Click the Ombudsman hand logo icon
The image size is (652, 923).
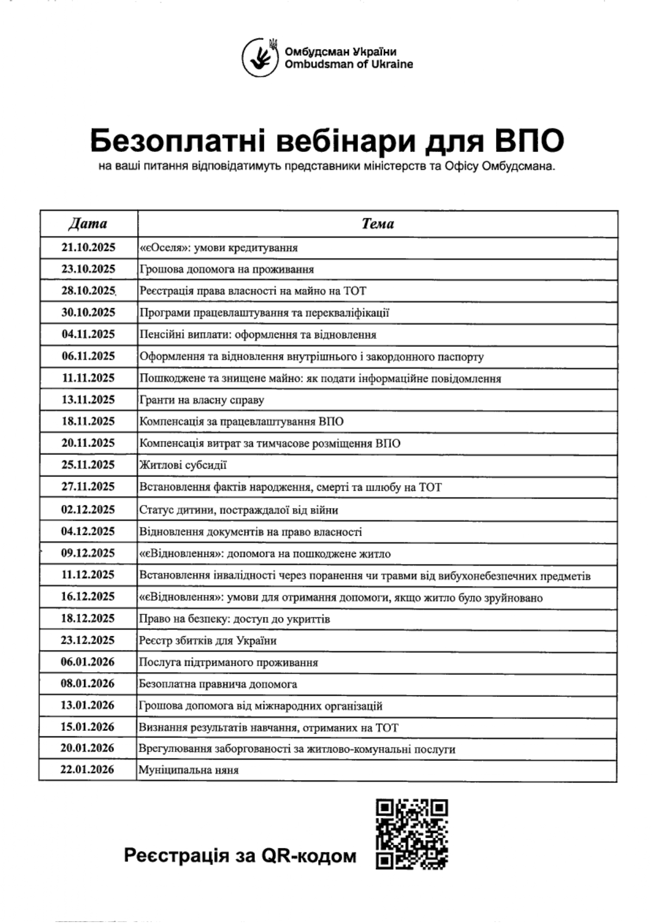coord(260,57)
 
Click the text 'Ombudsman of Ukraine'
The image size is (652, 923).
coord(349,65)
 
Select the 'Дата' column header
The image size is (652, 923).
coord(88,224)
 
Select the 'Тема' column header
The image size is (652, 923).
coord(378,224)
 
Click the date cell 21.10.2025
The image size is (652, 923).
coord(88,248)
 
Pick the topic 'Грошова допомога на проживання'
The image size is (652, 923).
coord(227,269)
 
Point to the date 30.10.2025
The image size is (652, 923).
coord(88,312)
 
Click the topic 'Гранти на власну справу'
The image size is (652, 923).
coord(202,400)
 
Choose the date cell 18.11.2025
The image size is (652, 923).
coord(88,421)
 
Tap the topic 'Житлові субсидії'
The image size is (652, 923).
coord(183,465)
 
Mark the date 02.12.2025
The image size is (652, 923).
coord(88,510)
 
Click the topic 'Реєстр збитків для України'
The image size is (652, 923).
coord(208,641)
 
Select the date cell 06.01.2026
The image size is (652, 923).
coord(87,662)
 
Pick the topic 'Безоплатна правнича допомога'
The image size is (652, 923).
coord(218,684)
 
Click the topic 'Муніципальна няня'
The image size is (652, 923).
coord(189,770)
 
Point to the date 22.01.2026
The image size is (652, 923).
coord(87,770)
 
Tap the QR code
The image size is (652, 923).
coord(412,834)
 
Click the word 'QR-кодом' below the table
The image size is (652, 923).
coord(309,856)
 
